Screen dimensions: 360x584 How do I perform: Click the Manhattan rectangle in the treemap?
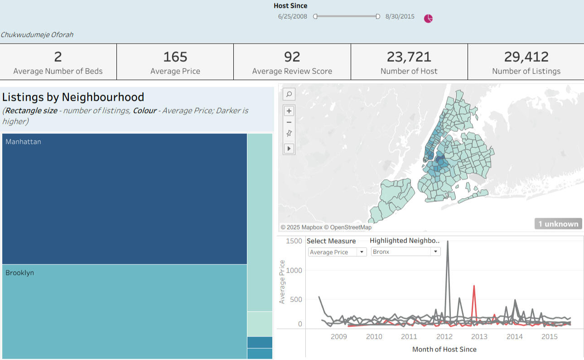125,199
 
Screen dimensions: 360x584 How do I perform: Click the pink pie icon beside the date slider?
428,19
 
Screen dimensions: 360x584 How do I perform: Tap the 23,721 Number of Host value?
409,57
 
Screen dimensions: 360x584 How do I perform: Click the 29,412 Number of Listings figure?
526,57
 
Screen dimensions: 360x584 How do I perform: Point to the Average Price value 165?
175,57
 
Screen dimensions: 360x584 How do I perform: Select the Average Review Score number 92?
292,57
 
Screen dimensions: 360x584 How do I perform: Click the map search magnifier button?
289,94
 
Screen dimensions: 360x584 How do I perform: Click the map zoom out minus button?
289,122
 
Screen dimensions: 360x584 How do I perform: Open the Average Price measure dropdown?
337,252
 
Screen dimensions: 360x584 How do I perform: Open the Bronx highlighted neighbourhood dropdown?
405,252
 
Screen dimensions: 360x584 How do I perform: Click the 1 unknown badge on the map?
558,224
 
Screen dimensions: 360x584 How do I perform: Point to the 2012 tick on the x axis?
444,336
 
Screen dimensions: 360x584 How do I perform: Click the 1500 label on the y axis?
294,241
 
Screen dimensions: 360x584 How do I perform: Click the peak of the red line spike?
474,286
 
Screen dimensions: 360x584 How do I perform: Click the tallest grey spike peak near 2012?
448,242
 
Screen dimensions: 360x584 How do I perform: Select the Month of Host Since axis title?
444,349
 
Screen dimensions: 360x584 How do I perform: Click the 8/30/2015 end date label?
400,16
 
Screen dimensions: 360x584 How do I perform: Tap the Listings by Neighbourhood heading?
73,97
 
